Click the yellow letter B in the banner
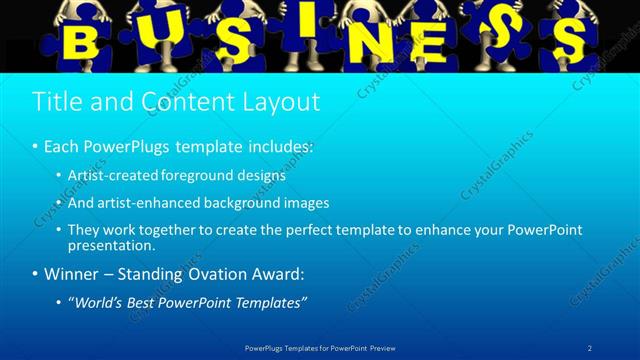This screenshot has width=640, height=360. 86,42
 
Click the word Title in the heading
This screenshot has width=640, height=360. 57,101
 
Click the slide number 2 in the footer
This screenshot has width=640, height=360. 589,347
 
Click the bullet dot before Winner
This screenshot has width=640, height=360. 35,273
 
